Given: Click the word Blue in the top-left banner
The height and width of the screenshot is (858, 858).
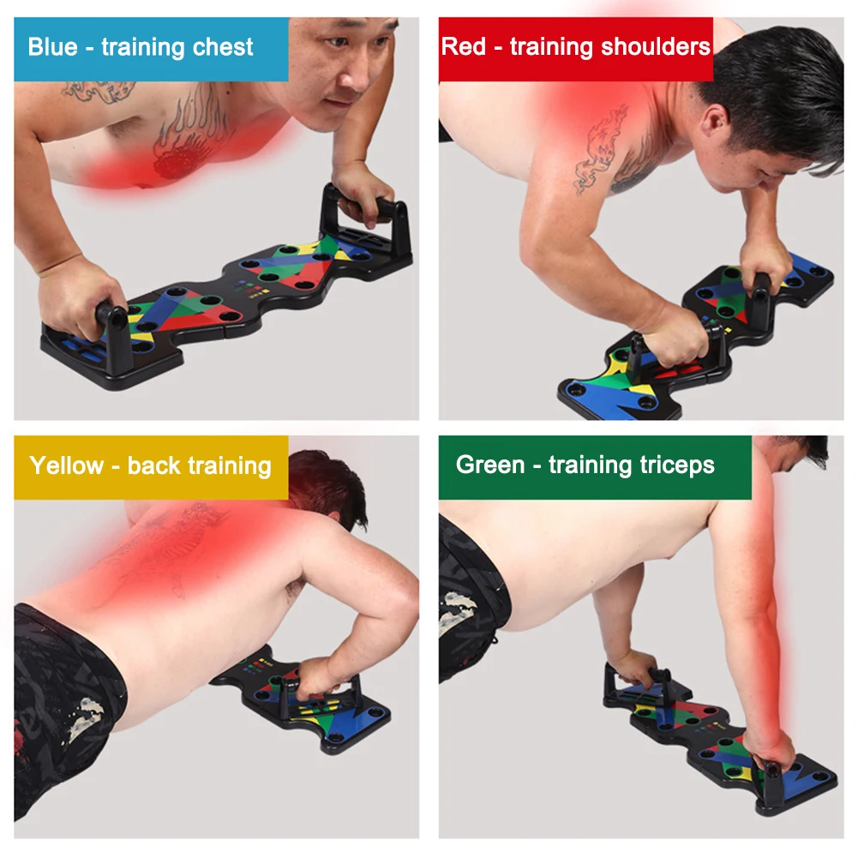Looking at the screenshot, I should pos(53,46).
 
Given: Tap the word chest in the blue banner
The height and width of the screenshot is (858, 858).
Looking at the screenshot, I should pos(223,47).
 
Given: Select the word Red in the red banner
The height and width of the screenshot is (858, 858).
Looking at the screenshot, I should pos(463,46).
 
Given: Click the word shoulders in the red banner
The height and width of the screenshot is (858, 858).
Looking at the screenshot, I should pos(657,46).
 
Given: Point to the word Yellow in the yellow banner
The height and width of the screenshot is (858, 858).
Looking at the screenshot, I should pos(66,466).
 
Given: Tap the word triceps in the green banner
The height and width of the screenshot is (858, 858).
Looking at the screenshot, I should pos(675,465).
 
